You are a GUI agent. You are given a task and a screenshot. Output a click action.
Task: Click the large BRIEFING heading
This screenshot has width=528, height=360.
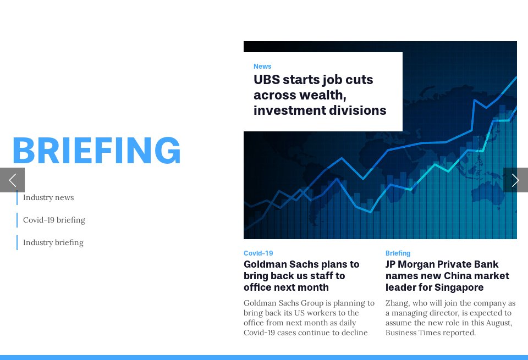click(x=96, y=151)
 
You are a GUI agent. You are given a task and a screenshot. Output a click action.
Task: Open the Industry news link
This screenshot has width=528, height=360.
click(x=48, y=197)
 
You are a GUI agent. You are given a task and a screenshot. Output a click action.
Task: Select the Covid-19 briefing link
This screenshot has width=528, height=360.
click(x=54, y=220)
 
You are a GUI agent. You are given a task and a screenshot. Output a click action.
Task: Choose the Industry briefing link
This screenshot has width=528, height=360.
click(x=53, y=242)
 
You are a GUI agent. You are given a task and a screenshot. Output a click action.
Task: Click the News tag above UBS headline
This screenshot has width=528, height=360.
click(x=262, y=67)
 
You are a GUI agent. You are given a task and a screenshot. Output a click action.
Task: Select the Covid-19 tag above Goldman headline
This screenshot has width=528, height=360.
click(x=258, y=253)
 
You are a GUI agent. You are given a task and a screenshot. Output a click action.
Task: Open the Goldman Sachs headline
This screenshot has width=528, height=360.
click(x=301, y=276)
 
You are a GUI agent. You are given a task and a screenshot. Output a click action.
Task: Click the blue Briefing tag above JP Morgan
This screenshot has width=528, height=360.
click(x=398, y=253)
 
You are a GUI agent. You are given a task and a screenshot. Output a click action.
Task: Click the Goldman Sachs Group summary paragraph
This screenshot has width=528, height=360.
click(x=308, y=318)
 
